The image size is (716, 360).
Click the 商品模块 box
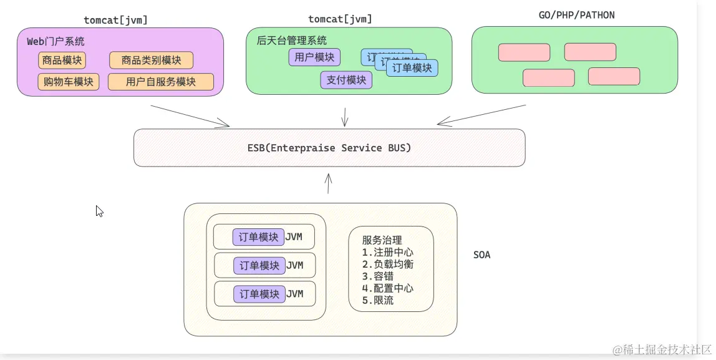(62, 61)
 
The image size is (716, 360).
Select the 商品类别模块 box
(151, 61)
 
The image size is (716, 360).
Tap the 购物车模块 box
(68, 82)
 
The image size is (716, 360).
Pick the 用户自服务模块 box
(160, 82)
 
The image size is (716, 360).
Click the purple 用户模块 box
(314, 57)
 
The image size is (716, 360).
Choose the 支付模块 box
(346, 80)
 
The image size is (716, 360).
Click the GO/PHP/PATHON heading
(576, 15)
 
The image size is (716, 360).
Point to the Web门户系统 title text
(56, 41)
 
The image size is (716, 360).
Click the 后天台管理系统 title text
(291, 41)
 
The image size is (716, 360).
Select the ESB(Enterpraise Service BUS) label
(329, 148)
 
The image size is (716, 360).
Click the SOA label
(481, 255)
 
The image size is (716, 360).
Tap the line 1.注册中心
(387, 252)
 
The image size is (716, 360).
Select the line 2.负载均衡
(387, 264)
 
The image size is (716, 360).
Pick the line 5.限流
(377, 300)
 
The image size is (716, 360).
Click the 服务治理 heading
(382, 240)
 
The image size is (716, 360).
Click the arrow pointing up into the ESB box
(328, 183)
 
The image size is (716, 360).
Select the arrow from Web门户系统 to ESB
(190, 115)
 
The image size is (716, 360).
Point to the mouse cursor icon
(99, 211)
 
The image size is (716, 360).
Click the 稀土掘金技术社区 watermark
(662, 349)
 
